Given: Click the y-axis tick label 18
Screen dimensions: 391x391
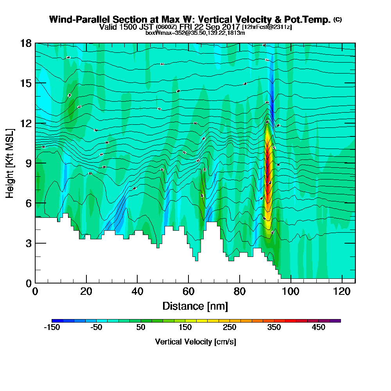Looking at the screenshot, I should (26, 43).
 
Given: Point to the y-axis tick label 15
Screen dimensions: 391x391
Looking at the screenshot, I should (26, 83).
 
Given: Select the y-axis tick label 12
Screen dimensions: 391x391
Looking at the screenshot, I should (26, 123).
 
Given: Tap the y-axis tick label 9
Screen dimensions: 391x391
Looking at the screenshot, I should (29, 163).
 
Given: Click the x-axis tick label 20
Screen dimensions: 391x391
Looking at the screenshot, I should (86, 292).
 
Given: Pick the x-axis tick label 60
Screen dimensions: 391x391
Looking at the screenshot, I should (188, 292).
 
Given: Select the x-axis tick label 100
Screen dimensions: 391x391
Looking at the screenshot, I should (291, 292).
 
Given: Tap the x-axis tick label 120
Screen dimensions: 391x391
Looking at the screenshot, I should (342, 292).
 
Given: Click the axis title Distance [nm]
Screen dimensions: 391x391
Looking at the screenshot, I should (195, 306).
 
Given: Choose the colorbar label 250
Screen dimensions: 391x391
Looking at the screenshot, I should (230, 327).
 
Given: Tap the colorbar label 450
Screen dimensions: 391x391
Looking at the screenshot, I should (318, 327).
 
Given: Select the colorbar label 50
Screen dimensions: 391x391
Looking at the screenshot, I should (140, 327).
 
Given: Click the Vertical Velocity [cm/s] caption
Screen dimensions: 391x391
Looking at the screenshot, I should (195, 342).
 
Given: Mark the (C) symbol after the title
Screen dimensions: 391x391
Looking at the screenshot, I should (337, 19).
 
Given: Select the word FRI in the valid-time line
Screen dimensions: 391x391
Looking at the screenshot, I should (187, 27).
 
